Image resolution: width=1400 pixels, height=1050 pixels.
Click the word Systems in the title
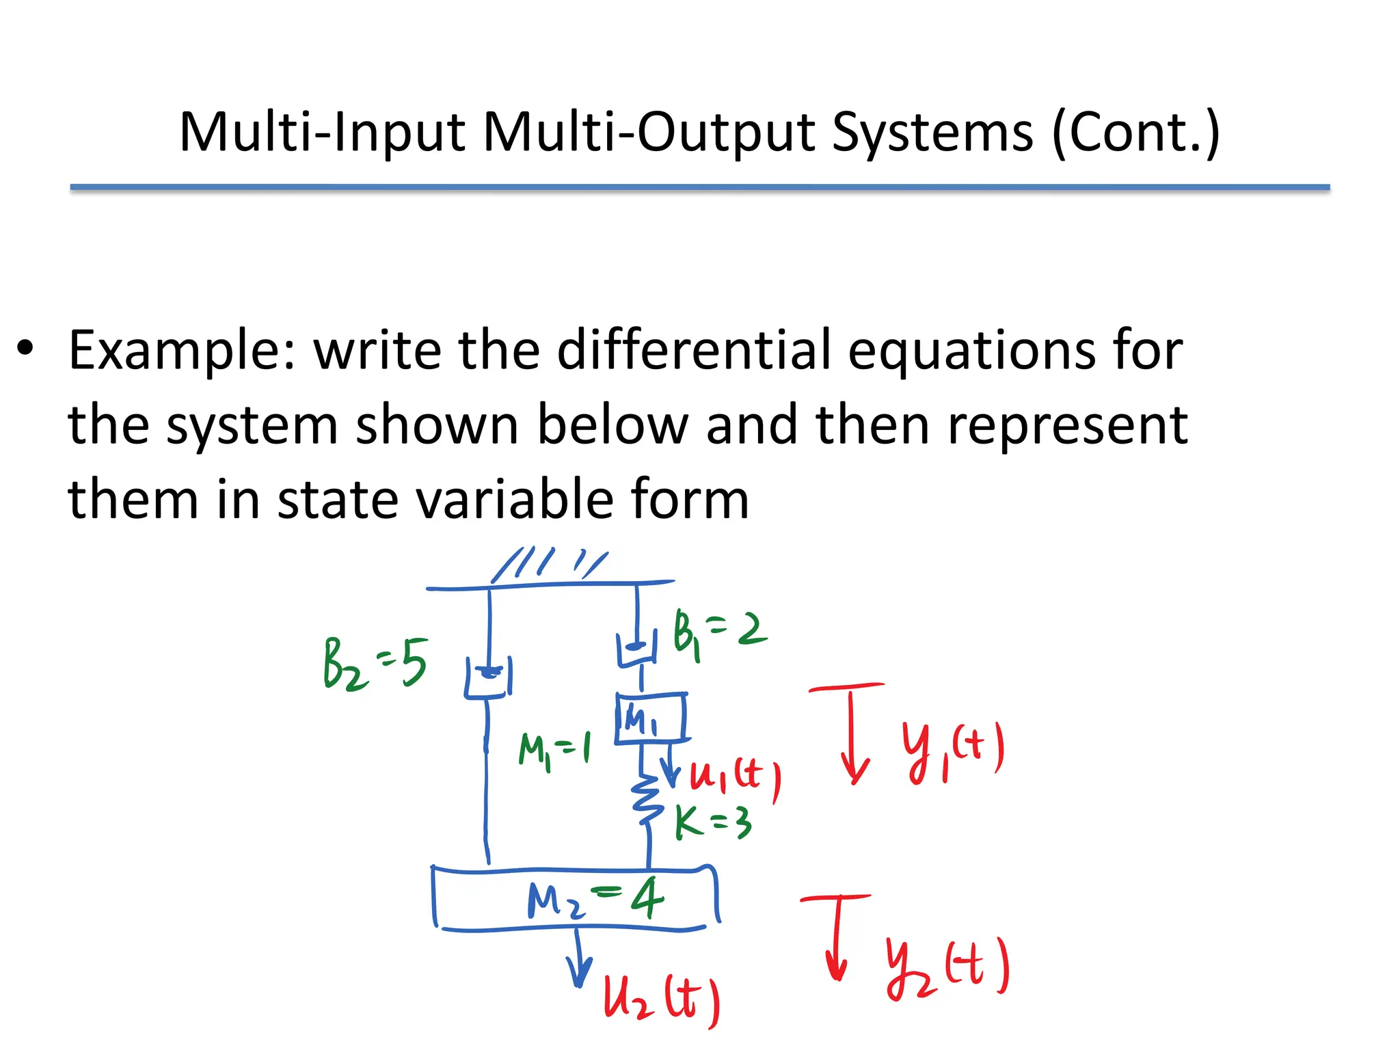coord(932,132)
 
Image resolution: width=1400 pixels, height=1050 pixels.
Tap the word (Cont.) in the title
coord(1135,132)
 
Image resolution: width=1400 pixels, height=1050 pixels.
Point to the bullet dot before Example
coord(25,348)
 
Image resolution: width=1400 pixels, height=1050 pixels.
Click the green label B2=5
coord(375,664)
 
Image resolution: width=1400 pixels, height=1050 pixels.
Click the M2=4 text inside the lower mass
coord(595,899)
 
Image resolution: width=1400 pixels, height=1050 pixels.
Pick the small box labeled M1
coord(650,718)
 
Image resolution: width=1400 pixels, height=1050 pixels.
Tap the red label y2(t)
coord(947,967)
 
